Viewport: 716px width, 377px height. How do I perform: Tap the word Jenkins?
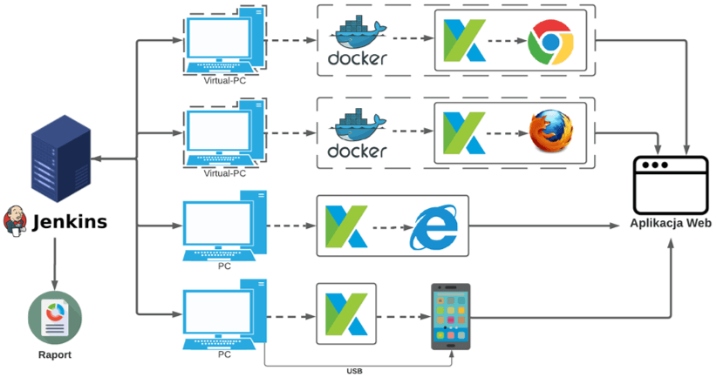pos(69,222)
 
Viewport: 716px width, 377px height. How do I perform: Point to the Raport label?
pos(54,354)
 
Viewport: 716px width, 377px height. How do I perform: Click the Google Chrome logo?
pos(550,41)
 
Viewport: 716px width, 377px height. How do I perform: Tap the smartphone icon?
pos(452,317)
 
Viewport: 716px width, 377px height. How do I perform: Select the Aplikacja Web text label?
pos(670,224)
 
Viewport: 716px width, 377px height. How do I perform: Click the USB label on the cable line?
pos(352,371)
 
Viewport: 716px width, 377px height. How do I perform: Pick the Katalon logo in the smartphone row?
pos(346,314)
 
